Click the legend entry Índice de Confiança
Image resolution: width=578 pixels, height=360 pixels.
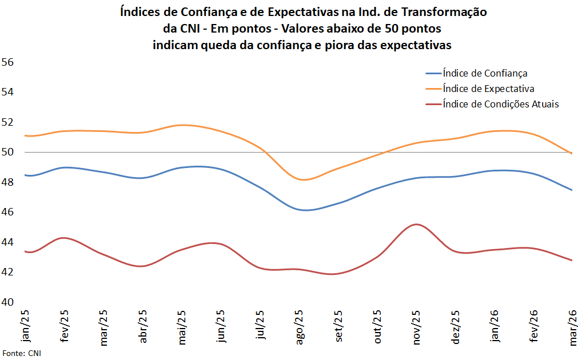pyautogui.click(x=485, y=73)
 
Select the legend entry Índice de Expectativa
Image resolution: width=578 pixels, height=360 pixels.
pyautogui.click(x=488, y=89)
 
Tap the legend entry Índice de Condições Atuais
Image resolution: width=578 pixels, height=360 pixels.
pyautogui.click(x=500, y=104)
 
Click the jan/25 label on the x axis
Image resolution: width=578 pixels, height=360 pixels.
pyautogui.click(x=25, y=326)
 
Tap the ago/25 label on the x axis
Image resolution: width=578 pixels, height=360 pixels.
pyautogui.click(x=300, y=327)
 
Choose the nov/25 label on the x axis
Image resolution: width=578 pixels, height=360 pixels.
pyautogui.click(x=417, y=327)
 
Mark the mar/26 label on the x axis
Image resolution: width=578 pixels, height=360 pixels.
pyautogui.click(x=572, y=327)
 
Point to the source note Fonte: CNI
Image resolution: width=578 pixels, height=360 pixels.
pyautogui.click(x=22, y=353)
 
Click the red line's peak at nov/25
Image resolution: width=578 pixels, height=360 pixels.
pyautogui.click(x=417, y=224)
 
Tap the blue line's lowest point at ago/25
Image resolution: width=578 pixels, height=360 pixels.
pyautogui.click(x=306, y=210)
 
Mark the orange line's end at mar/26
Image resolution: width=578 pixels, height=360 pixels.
pyautogui.click(x=572, y=153)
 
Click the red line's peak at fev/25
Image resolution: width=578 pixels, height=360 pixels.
pyautogui.click(x=65, y=238)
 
